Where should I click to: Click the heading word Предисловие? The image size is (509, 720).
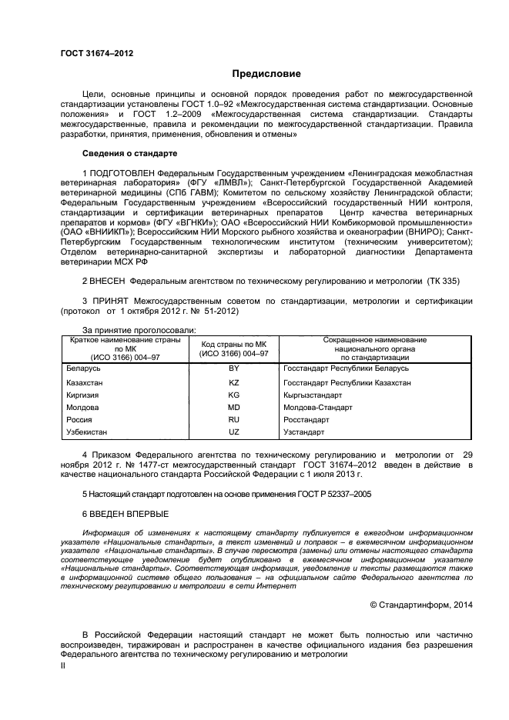267,74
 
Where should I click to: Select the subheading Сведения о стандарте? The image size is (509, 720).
119,153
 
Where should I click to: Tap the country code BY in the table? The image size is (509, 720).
234,369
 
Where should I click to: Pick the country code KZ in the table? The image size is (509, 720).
234,382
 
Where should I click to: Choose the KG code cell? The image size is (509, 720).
234,395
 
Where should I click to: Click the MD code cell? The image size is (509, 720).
234,407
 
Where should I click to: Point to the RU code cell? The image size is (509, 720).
234,420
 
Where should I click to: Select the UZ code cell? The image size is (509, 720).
234,432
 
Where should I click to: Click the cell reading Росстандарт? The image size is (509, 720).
306,420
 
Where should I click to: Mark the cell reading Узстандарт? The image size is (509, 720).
304,432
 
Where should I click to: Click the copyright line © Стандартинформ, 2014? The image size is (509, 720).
421,605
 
